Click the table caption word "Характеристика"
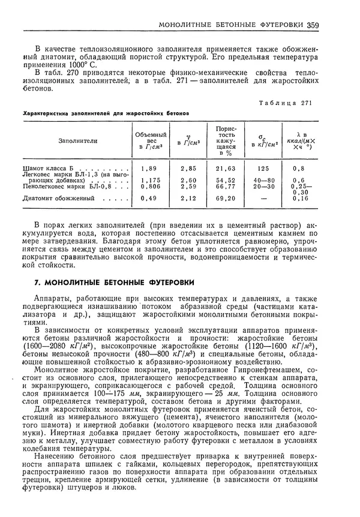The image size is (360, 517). tap(43, 112)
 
